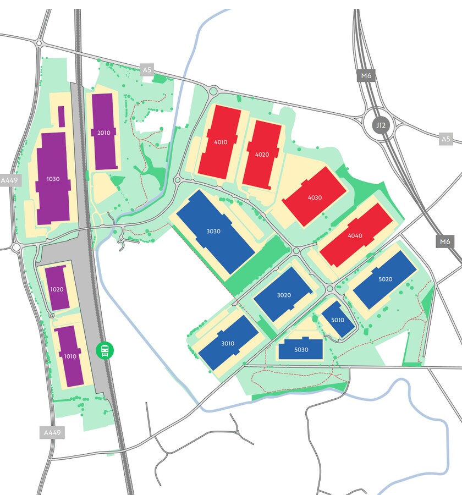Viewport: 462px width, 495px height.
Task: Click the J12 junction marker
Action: [x=380, y=125]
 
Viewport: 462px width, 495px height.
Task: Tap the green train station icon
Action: [x=105, y=350]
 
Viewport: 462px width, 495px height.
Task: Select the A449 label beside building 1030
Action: [x=10, y=180]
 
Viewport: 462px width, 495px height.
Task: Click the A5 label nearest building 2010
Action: [x=147, y=70]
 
